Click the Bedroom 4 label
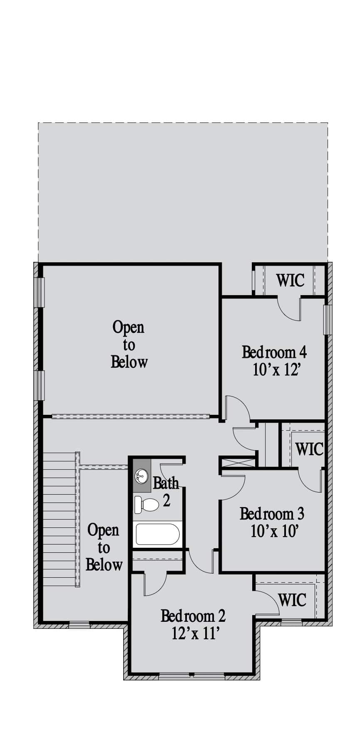click(274, 352)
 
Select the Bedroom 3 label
click(272, 514)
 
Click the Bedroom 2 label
click(193, 616)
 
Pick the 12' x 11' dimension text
click(195, 633)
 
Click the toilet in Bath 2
click(146, 505)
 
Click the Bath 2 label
click(166, 491)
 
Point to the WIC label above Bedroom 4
click(290, 280)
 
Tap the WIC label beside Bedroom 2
click(292, 600)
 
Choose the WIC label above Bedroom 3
click(309, 449)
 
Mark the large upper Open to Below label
click(129, 345)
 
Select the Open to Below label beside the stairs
click(104, 547)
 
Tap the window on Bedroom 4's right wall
click(328, 320)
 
